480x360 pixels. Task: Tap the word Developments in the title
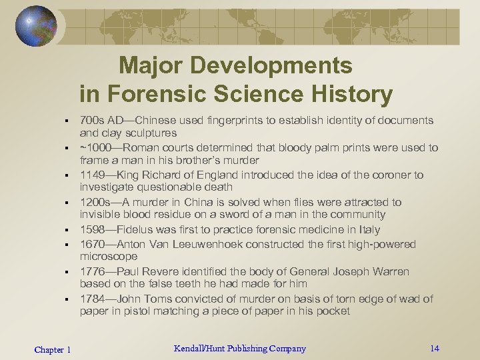pyautogui.click(x=280, y=65)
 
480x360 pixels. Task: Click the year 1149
pyautogui.click(x=92, y=175)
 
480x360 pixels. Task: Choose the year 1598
pyautogui.click(x=92, y=229)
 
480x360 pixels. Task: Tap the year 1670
pyautogui.click(x=92, y=244)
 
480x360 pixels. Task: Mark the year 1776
pyautogui.click(x=92, y=271)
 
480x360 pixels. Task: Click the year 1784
pyautogui.click(x=92, y=299)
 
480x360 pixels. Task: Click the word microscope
pyautogui.click(x=109, y=257)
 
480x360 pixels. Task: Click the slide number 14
pyautogui.click(x=435, y=348)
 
